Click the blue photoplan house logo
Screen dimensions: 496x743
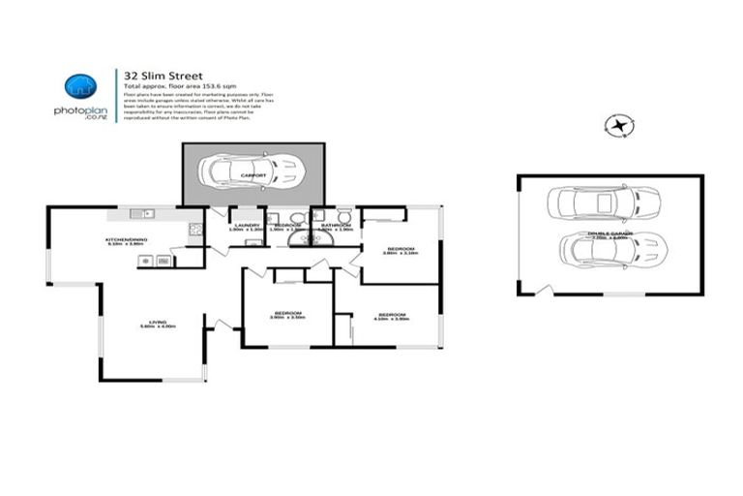tap(79, 87)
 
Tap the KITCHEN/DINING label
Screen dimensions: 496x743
tap(126, 239)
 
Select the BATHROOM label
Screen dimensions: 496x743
tap(337, 225)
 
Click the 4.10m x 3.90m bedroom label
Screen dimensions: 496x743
tap(391, 315)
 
